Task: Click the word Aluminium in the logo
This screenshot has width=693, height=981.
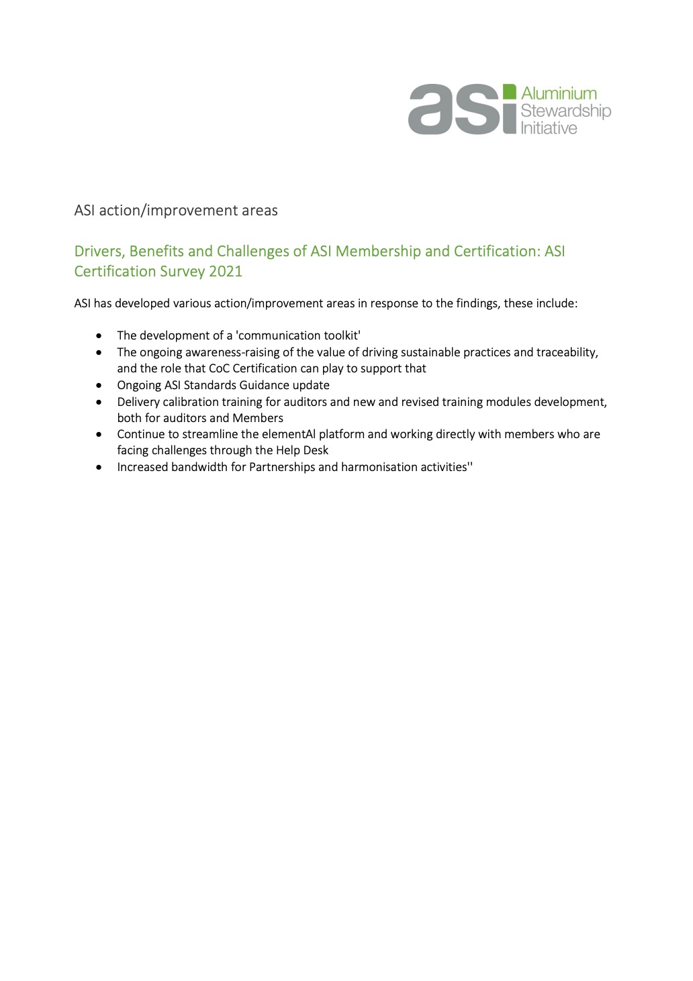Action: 559,94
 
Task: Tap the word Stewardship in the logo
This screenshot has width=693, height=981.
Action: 565,111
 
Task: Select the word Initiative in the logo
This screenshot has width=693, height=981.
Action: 549,128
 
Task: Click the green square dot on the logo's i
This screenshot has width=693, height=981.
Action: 510,92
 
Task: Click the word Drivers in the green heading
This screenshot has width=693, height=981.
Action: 99,252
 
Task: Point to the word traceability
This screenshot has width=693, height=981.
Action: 567,352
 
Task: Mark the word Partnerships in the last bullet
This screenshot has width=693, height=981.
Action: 282,467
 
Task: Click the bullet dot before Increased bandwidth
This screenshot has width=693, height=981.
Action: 99,467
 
